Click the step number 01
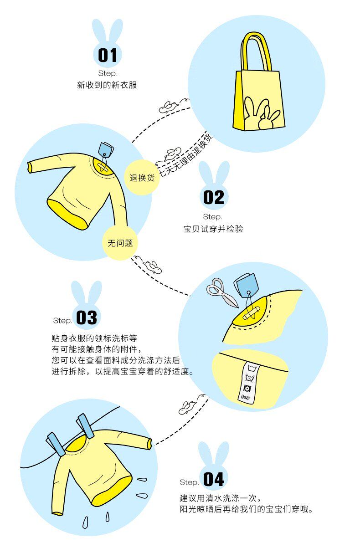(108, 56)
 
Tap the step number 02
(213, 198)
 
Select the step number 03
(87, 317)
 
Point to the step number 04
(213, 479)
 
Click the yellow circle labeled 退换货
(142, 178)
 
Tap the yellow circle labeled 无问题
(120, 243)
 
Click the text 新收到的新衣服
(107, 85)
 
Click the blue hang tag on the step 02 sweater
(107, 148)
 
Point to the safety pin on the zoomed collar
(252, 313)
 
